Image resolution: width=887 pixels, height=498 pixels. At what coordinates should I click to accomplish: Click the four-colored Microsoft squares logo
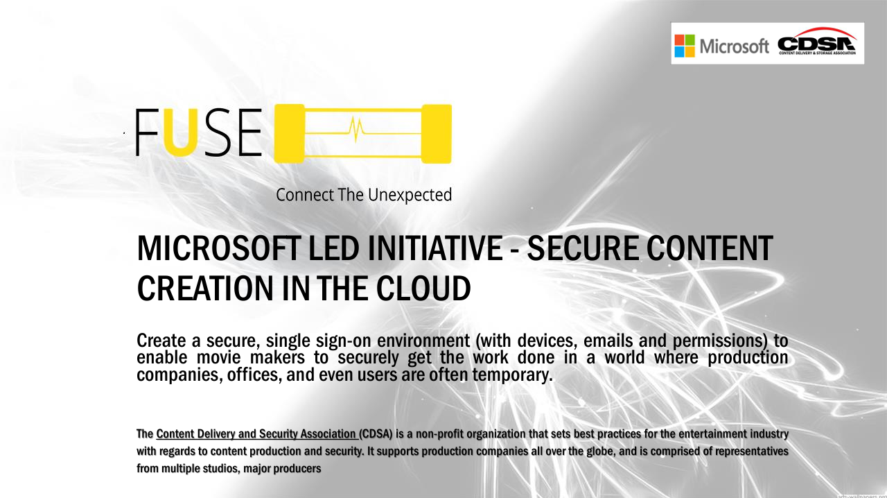tap(685, 46)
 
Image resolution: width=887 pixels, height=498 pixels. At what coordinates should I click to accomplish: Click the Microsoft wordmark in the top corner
tap(734, 46)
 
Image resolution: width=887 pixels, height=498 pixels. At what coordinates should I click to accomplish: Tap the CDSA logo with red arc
tap(817, 41)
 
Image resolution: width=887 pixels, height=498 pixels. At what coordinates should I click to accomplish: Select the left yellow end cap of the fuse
tap(289, 134)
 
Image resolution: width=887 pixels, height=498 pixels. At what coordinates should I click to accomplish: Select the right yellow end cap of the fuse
tap(437, 134)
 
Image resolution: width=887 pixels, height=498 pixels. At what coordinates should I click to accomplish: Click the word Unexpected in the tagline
tap(410, 195)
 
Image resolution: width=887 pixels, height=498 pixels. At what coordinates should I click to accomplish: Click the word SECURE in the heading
tap(583, 248)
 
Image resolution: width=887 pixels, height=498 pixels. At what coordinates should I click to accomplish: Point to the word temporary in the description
tap(512, 375)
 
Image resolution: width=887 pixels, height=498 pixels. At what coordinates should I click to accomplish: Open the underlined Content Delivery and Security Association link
tap(257, 433)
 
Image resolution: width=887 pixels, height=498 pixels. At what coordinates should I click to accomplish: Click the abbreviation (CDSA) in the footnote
tap(376, 433)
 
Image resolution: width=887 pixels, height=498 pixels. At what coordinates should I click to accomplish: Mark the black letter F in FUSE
tap(146, 132)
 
